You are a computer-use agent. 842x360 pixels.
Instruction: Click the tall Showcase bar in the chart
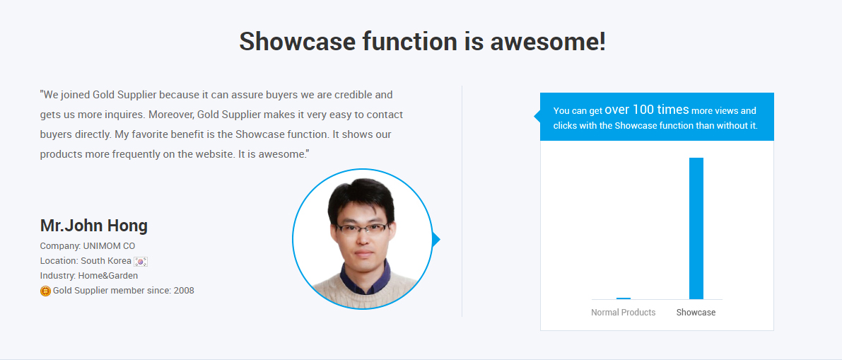(696, 228)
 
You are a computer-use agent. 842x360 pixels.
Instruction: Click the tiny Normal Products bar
(624, 298)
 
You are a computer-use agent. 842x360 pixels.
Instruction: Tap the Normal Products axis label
(624, 312)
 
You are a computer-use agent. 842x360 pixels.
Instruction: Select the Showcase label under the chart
(696, 312)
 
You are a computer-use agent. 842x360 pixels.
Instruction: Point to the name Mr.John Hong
(94, 226)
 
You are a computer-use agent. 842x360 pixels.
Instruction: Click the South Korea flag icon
(141, 261)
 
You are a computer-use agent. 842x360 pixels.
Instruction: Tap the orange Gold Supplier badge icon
(46, 291)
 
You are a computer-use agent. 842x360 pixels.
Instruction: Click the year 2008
(184, 291)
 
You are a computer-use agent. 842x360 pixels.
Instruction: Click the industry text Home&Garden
(108, 276)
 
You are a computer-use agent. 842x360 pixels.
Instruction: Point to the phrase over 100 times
(647, 110)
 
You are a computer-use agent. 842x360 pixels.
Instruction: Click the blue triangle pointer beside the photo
(436, 239)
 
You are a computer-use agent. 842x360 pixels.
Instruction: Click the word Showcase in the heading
(297, 41)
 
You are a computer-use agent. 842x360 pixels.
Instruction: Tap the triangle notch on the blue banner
(537, 117)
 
